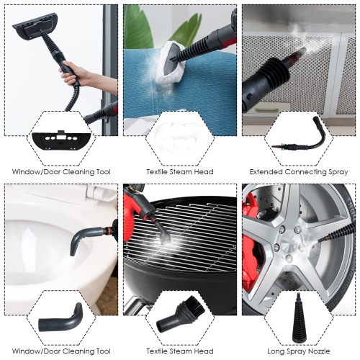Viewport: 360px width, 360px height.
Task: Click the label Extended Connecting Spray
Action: (299, 172)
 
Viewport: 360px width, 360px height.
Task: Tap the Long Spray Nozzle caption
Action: (299, 353)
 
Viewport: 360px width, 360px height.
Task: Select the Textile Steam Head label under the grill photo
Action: (180, 353)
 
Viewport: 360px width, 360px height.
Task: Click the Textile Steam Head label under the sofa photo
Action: (180, 172)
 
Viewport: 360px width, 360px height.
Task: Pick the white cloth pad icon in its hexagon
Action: (179, 137)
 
